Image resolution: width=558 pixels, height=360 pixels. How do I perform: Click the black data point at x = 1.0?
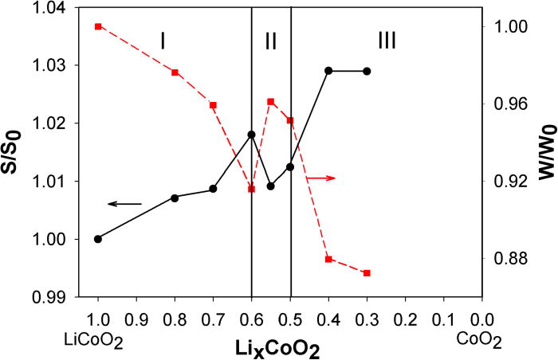[98, 239]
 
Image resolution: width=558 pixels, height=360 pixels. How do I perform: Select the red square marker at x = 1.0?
[98, 26]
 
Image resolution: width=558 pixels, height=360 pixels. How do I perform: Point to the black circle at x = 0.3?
[367, 71]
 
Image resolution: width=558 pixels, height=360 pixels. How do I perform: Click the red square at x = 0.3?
[367, 273]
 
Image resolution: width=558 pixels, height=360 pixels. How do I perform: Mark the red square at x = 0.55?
[271, 102]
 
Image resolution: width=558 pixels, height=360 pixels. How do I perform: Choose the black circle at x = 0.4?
[328, 71]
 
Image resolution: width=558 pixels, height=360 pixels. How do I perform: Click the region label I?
[163, 41]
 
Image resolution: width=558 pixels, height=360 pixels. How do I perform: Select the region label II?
[271, 42]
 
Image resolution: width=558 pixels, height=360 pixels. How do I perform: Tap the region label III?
[387, 41]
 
